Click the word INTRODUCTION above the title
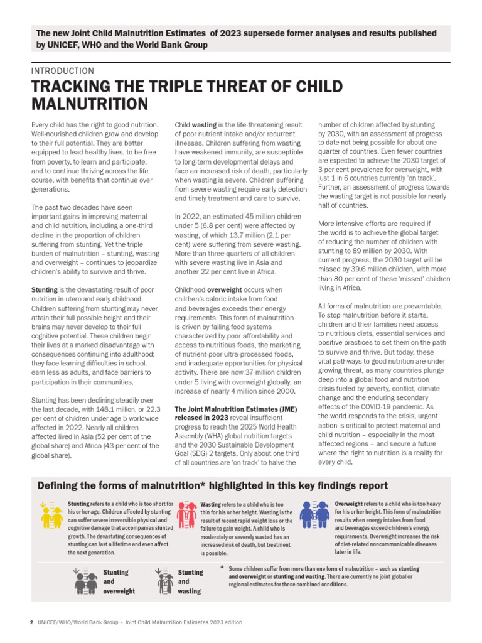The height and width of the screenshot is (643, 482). (63, 71)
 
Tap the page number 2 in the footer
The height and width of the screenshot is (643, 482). (31, 622)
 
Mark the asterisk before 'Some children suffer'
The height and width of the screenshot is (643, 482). (221, 568)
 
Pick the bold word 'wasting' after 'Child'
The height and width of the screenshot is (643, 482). (203, 125)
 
